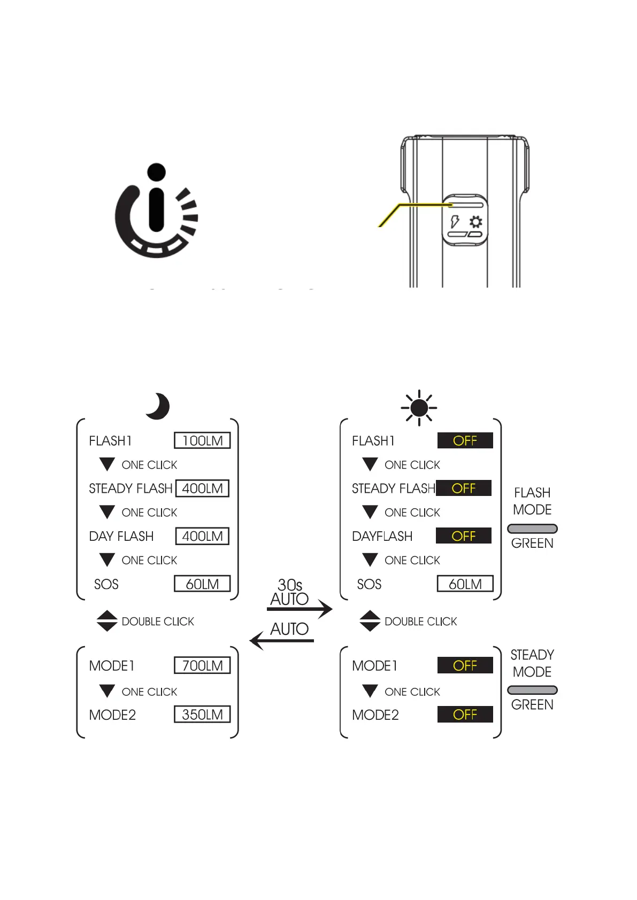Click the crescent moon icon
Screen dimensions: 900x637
tap(158, 406)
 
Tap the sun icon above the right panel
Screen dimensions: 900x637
tap(419, 408)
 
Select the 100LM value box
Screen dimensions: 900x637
tap(202, 440)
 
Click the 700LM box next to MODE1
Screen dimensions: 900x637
tap(202, 665)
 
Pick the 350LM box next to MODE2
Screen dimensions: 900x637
tap(202, 715)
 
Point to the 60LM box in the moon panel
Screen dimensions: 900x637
tap(202, 584)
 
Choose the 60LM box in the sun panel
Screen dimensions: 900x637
tap(465, 584)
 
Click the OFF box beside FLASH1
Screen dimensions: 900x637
tap(465, 440)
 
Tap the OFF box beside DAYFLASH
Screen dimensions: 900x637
tap(463, 536)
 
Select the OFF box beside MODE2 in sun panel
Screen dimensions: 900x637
tap(465, 715)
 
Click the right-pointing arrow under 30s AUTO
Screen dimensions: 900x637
tap(300, 609)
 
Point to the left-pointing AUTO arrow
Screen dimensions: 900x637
tap(282, 640)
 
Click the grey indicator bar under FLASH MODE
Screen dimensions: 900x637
tap(532, 529)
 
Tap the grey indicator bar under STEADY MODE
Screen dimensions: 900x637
tap(532, 690)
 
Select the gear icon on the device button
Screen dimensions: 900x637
tap(475, 222)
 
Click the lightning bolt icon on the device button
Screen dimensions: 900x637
tap(455, 221)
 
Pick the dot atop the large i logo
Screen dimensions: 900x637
tap(156, 172)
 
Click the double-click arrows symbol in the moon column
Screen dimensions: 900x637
tap(107, 621)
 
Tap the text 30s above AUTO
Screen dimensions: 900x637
tap(290, 585)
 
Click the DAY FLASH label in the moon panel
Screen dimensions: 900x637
tap(121, 536)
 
